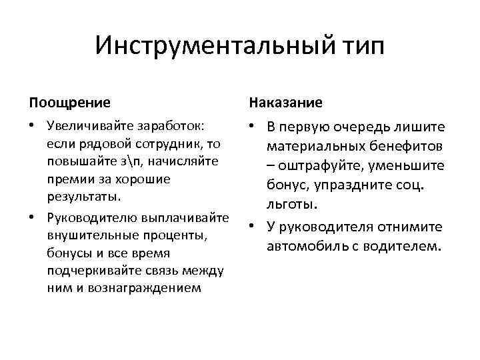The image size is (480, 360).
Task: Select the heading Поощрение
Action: [x=70, y=103]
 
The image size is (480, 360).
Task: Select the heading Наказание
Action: [x=286, y=103]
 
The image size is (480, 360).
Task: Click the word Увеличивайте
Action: [x=90, y=126]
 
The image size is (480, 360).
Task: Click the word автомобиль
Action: [x=304, y=247]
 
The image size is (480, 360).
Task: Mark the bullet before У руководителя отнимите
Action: [x=253, y=227]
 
